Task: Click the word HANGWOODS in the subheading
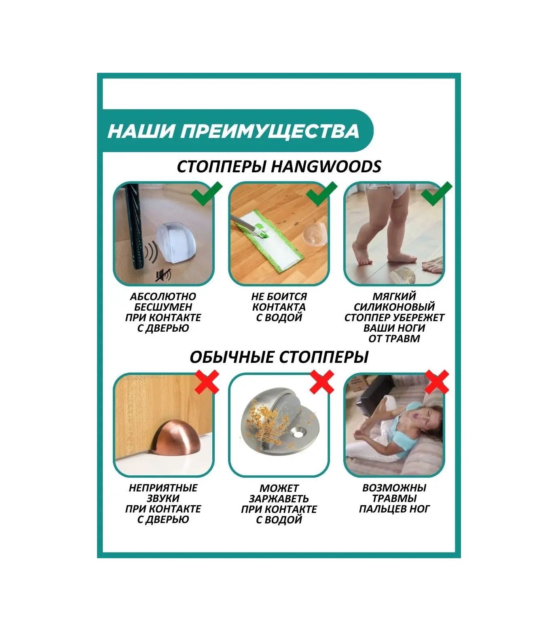point(326,167)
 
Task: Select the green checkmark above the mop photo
point(322,193)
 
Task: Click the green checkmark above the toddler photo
point(437,193)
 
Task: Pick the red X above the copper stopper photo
point(207,382)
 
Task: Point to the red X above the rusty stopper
point(322,382)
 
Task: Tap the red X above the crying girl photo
point(437,382)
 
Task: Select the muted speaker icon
point(164,275)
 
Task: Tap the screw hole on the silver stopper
point(300,434)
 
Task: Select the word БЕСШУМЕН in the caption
point(163,307)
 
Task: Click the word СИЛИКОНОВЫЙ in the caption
point(394,307)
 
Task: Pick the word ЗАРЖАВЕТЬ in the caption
point(279,499)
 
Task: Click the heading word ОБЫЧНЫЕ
point(232,357)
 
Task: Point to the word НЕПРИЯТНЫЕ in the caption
point(163,488)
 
